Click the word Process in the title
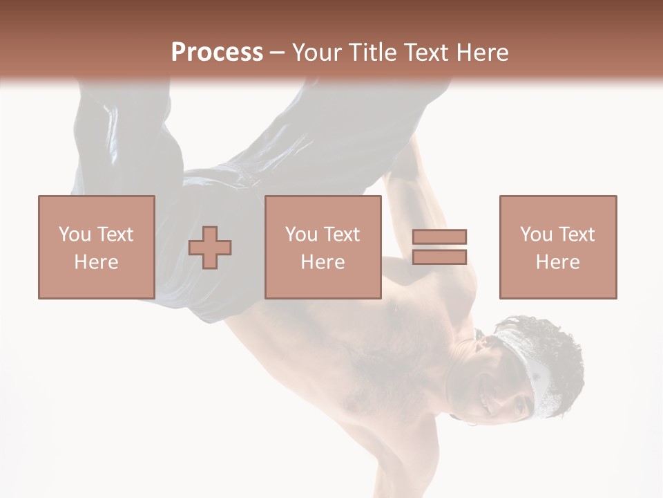click(x=217, y=53)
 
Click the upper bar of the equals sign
click(x=439, y=237)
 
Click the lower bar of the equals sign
click(x=439, y=257)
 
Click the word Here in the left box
click(x=96, y=262)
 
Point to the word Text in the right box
click(x=576, y=234)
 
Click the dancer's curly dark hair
click(x=552, y=346)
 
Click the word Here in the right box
click(x=557, y=262)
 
